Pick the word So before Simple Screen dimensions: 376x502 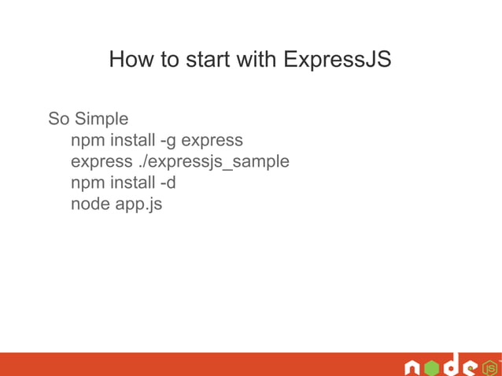tap(59, 120)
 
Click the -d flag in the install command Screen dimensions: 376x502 tap(168, 183)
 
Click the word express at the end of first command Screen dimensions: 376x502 tap(212, 141)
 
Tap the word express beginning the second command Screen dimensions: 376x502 tap(101, 162)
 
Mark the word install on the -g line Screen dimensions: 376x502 tap(131, 141)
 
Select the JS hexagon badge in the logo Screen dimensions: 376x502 tap(489, 367)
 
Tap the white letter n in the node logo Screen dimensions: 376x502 tap(412, 368)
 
